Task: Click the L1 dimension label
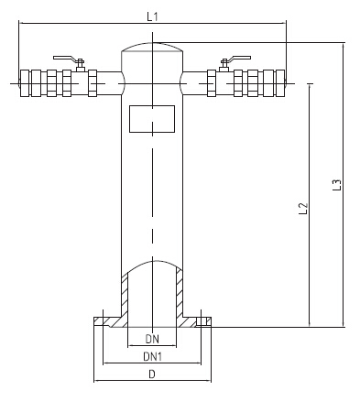coord(152,16)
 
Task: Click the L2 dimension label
coord(303,209)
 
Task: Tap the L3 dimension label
coord(336,185)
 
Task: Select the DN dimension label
coord(152,339)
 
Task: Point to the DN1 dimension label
coord(152,356)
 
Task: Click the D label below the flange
coord(152,374)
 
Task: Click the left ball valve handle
coord(64,58)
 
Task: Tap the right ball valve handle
coord(239,58)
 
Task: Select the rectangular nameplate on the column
coord(152,119)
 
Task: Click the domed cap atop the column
coord(152,47)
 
